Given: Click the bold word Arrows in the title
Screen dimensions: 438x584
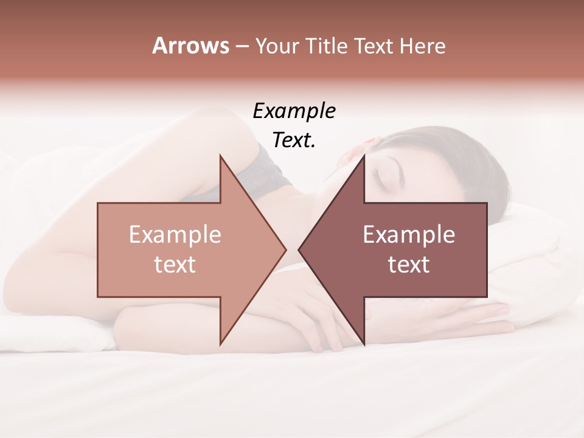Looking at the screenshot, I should (x=191, y=46).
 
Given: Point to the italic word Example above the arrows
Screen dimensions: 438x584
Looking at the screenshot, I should (x=294, y=111).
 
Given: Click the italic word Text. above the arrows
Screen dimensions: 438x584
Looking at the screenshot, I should (x=294, y=140).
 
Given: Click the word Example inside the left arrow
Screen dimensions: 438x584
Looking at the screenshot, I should (x=175, y=235).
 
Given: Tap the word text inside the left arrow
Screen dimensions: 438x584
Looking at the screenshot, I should (x=175, y=265).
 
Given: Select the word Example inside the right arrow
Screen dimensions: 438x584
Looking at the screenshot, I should (x=409, y=235).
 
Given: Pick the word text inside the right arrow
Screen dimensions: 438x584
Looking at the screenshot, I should (x=409, y=265).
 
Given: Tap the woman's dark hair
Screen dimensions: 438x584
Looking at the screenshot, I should (x=462, y=158).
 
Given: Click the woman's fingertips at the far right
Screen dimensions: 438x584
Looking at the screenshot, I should (x=505, y=310).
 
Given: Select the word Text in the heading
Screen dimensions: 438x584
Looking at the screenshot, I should (x=374, y=46).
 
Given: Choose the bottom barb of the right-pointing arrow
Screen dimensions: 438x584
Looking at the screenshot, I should (x=221, y=341).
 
